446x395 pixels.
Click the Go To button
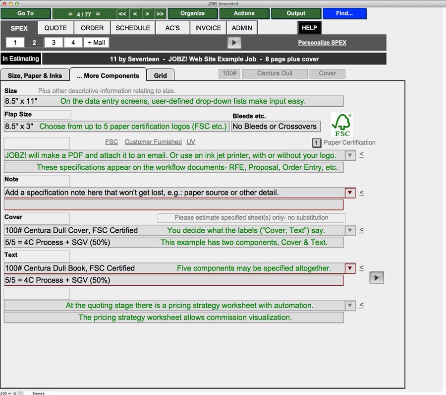click(26, 13)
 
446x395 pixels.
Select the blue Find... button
click(344, 13)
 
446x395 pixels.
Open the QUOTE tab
click(56, 28)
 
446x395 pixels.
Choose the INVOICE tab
click(208, 28)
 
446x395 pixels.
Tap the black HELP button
click(309, 28)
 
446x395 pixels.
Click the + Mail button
click(96, 43)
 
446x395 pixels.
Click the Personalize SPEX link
click(322, 43)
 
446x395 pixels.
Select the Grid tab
click(160, 75)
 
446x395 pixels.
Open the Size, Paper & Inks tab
click(35, 75)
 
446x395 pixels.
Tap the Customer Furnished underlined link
click(153, 142)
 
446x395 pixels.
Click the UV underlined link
click(191, 142)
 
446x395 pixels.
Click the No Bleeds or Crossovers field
click(276, 126)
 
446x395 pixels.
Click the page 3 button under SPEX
click(54, 43)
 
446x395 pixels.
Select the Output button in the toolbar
click(296, 13)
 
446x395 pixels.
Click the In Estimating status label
click(20, 59)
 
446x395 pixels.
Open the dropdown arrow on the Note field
click(350, 193)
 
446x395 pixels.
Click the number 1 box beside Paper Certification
click(317, 143)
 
